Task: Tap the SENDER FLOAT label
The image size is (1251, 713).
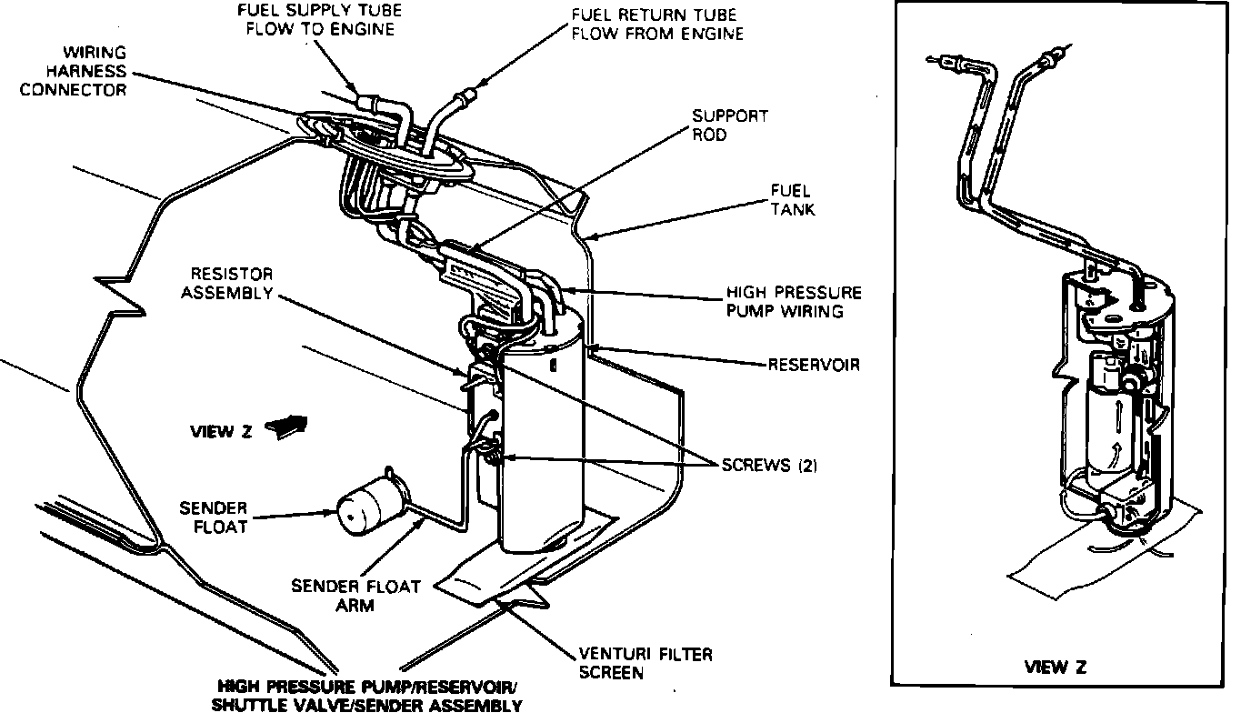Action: tap(213, 517)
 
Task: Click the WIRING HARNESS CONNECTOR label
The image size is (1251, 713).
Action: tap(74, 71)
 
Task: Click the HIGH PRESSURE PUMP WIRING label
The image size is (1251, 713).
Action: tap(793, 302)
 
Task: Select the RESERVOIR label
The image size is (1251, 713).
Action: tap(814, 365)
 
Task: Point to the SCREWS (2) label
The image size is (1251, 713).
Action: tap(769, 465)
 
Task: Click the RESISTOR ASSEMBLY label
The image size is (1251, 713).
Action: tap(226, 283)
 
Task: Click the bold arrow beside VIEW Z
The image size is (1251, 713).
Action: tap(289, 427)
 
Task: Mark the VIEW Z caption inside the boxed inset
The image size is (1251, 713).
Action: tap(1056, 667)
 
